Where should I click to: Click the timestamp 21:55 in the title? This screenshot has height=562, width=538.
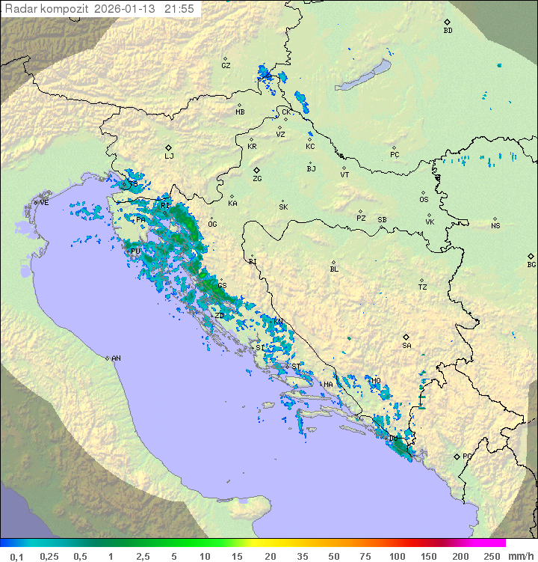pyautogui.click(x=179, y=9)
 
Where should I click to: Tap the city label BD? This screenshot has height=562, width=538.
pyautogui.click(x=448, y=31)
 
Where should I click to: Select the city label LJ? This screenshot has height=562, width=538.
pyautogui.click(x=169, y=156)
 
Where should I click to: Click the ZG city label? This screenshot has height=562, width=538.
pyautogui.click(x=257, y=179)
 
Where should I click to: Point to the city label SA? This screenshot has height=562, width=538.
pyautogui.click(x=406, y=346)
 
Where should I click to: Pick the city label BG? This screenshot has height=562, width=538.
pyautogui.click(x=531, y=265)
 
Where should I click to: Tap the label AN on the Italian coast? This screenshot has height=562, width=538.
pyautogui.click(x=116, y=358)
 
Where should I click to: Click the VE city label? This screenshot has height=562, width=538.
pyautogui.click(x=44, y=203)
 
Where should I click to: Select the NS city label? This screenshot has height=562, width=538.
pyautogui.click(x=495, y=226)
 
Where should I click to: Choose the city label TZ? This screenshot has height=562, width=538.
pyautogui.click(x=423, y=287)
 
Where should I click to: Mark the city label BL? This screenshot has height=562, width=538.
pyautogui.click(x=334, y=269)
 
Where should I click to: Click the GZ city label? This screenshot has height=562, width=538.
pyautogui.click(x=226, y=66)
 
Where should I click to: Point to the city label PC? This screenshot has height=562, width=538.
pyautogui.click(x=395, y=155)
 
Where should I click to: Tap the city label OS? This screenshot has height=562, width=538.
pyautogui.click(x=424, y=200)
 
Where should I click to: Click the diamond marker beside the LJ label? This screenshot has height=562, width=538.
pyautogui.click(x=169, y=147)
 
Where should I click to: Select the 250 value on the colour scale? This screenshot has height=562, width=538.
pyautogui.click(x=491, y=556)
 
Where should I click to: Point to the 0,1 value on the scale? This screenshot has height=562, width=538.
pyautogui.click(x=16, y=556)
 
